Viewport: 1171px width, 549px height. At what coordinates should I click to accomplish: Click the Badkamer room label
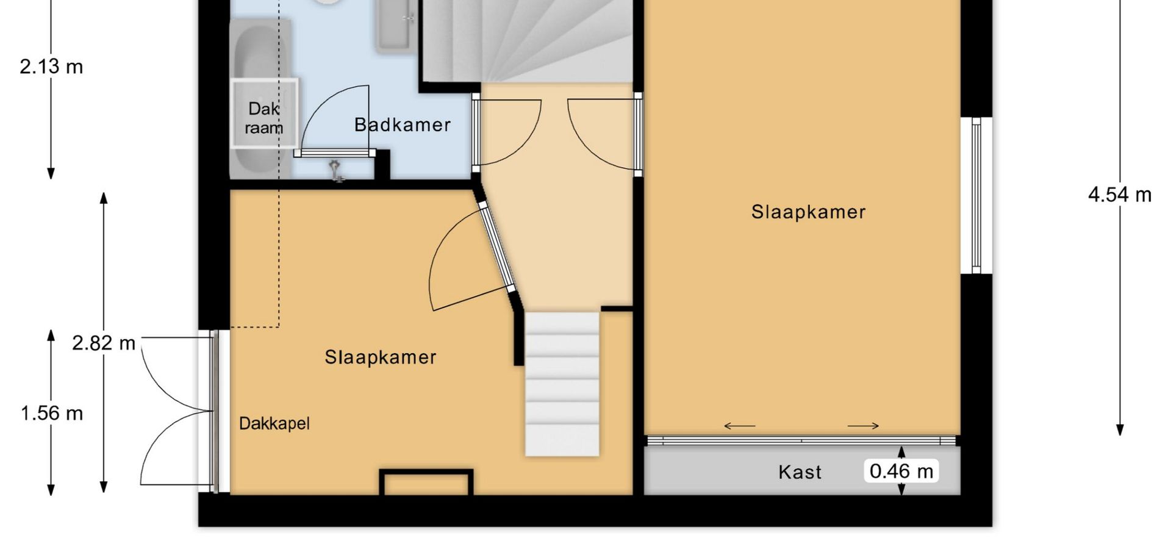(403, 125)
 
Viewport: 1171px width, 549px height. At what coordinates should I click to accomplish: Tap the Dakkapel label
(274, 423)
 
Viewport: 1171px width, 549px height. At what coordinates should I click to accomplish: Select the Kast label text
(800, 472)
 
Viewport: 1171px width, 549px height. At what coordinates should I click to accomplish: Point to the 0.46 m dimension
(901, 471)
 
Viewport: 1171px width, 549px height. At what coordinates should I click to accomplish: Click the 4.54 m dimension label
(1120, 195)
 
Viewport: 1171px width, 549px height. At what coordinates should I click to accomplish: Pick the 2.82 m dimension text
(104, 343)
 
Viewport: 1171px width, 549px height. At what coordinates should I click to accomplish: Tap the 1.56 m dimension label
(52, 413)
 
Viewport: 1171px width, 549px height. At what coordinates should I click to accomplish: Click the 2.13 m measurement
(51, 66)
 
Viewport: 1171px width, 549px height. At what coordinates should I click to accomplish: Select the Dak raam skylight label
(264, 118)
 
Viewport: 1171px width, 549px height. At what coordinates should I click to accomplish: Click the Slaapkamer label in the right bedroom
(808, 212)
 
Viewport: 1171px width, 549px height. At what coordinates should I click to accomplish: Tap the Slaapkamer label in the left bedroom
(381, 357)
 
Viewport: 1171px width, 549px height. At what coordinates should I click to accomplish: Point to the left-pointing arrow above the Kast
(739, 426)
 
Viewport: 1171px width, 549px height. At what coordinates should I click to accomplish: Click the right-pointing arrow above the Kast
(864, 426)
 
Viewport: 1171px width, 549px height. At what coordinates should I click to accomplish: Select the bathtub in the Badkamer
(260, 98)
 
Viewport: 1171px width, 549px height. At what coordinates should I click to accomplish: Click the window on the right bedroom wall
(976, 195)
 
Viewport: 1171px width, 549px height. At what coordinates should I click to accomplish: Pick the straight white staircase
(562, 384)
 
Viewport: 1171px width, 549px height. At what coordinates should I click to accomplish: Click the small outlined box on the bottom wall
(426, 482)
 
